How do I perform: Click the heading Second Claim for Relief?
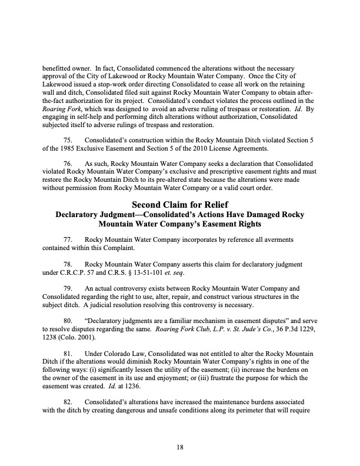(180, 205)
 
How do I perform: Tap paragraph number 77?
(68, 240)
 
